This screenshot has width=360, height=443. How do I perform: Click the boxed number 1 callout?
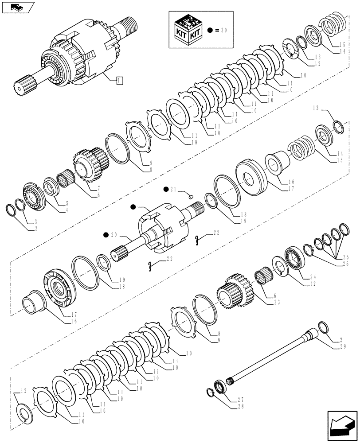click(118, 80)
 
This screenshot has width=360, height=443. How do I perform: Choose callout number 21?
click(173, 189)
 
